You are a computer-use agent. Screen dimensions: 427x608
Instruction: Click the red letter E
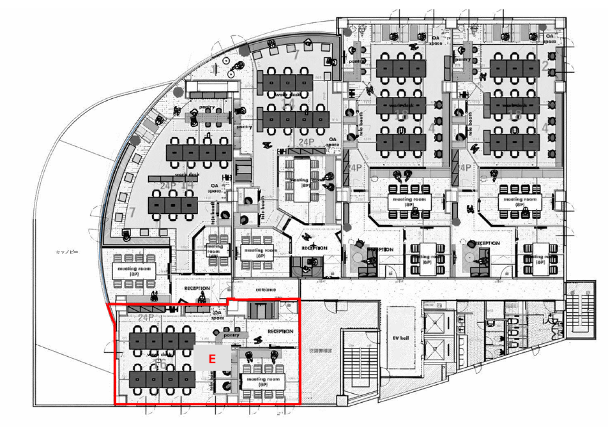[x=212, y=359]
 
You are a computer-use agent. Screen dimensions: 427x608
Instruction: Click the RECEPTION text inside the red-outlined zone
[x=280, y=331]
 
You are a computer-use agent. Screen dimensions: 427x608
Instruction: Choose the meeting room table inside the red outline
[x=263, y=380]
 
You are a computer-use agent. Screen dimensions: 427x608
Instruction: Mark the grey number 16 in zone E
[x=161, y=364]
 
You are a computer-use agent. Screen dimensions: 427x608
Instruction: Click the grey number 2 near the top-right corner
[x=545, y=66]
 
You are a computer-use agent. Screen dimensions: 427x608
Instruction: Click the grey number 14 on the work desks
[x=287, y=104]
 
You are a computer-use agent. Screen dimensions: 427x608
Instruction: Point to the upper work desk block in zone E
[x=162, y=340]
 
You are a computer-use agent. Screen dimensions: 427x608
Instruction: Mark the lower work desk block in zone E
[x=162, y=378]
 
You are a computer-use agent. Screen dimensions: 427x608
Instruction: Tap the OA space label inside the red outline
[x=218, y=315]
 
